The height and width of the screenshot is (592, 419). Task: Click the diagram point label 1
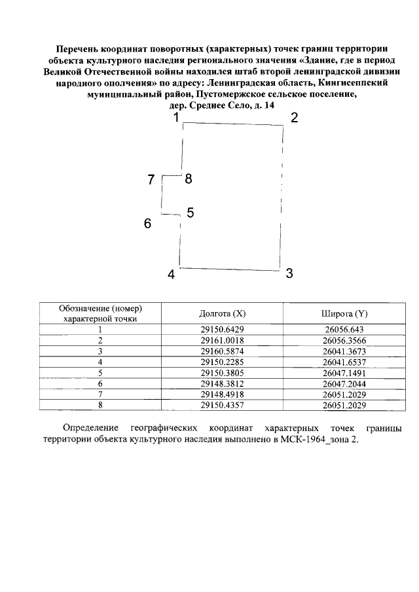pyautogui.click(x=175, y=118)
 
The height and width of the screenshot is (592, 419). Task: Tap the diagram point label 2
pyautogui.click(x=295, y=118)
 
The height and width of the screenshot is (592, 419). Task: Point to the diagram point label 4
pyautogui.click(x=172, y=275)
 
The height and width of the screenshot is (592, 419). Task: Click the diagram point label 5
pyautogui.click(x=191, y=213)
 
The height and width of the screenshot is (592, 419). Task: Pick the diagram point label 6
pyautogui.click(x=148, y=224)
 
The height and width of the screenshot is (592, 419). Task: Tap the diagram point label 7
pyautogui.click(x=151, y=180)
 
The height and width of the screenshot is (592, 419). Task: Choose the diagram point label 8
pyautogui.click(x=189, y=178)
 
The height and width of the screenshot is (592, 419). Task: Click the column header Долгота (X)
pyautogui.click(x=223, y=313)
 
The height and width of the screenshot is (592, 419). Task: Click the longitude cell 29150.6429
pyautogui.click(x=223, y=330)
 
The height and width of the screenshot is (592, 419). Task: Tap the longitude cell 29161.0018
pyautogui.click(x=223, y=340)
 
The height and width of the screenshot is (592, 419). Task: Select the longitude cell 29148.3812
pyautogui.click(x=223, y=383)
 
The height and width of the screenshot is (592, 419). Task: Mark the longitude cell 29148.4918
pyautogui.click(x=223, y=394)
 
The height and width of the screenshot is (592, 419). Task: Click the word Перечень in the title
pyautogui.click(x=79, y=49)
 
